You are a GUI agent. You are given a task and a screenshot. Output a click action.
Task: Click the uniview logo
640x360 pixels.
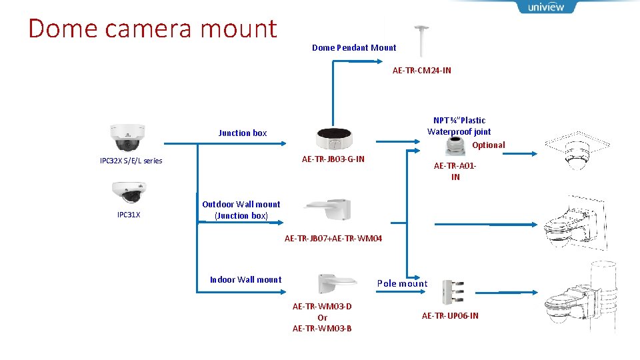[x=545, y=7]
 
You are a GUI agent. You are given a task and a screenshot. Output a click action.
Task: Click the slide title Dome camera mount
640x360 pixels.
[x=153, y=29]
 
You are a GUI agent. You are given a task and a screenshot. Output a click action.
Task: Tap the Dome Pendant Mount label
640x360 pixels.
[x=354, y=48]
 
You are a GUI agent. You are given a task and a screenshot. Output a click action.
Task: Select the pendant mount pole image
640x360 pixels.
[x=421, y=41]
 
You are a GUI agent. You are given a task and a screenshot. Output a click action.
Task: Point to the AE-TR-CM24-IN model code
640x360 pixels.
[x=421, y=71]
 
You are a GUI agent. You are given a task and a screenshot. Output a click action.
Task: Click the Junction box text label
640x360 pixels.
[x=243, y=133]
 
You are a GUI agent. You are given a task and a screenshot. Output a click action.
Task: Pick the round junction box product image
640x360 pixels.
[x=334, y=138]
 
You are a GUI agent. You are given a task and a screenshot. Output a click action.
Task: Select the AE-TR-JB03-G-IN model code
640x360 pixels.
[x=333, y=159]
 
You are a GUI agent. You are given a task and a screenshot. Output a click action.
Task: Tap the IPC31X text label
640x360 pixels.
[x=129, y=215]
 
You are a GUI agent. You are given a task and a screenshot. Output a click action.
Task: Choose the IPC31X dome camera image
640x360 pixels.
[x=127, y=193]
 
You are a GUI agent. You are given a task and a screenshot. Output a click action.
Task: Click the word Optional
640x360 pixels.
[x=489, y=145]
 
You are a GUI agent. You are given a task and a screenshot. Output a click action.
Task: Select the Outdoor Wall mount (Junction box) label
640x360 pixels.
[x=241, y=210]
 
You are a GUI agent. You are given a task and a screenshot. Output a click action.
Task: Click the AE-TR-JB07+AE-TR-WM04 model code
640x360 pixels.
[x=333, y=239]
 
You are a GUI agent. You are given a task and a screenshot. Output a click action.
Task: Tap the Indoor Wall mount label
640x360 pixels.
[x=246, y=280]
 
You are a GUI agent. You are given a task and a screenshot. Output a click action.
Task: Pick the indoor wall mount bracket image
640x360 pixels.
[x=332, y=283]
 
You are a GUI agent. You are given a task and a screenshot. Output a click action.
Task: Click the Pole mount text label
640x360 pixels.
[x=402, y=284]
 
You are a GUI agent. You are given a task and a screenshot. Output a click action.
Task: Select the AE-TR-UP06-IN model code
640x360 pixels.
[x=450, y=316]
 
